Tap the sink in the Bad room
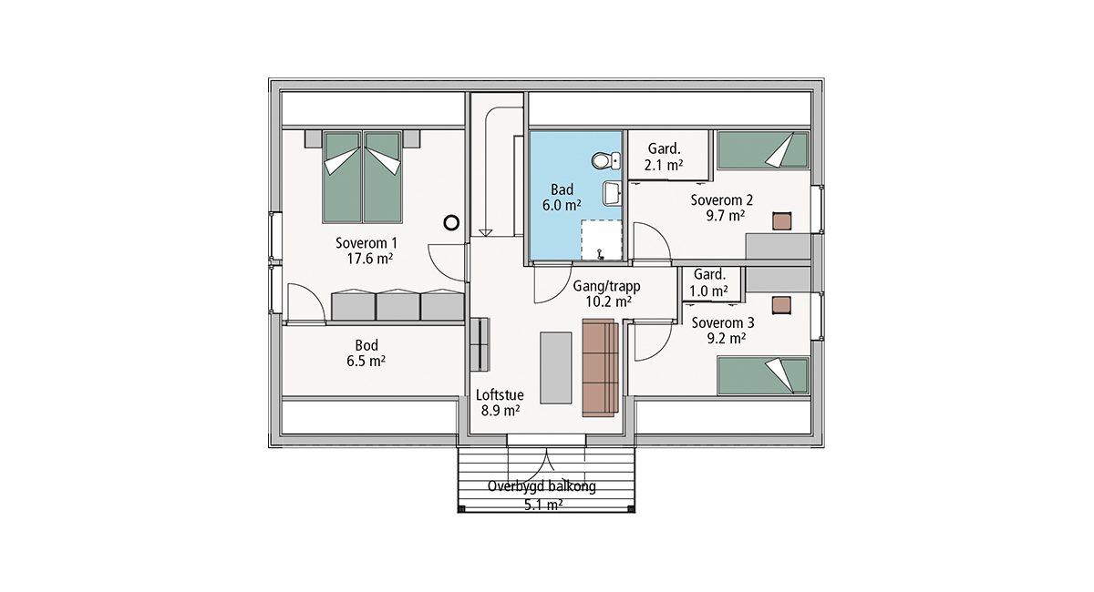coord(612,193)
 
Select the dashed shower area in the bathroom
coord(601,240)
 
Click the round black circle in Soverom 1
coord(451,223)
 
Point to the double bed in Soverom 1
coord(363,177)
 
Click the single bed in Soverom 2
coord(763,150)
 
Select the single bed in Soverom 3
coord(763,375)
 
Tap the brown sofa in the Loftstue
coord(600,368)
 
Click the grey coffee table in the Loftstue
coord(556,368)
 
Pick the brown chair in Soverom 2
coord(781,221)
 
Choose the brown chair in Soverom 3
coord(781,305)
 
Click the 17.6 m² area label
coord(370,258)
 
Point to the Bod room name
coord(366,345)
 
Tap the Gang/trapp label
coord(606,286)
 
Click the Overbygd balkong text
coord(542,486)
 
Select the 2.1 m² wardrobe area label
coord(664,165)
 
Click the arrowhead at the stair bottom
coord(485,233)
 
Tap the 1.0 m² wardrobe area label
coord(708,291)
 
